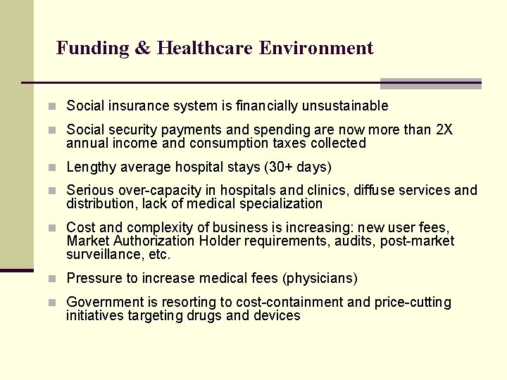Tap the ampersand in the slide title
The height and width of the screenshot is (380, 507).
142,49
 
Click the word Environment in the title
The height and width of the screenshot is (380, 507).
316,49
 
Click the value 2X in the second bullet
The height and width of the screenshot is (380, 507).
445,130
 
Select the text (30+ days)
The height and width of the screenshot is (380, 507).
297,167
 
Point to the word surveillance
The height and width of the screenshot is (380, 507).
99,255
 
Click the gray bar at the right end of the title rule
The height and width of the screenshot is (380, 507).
430,84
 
